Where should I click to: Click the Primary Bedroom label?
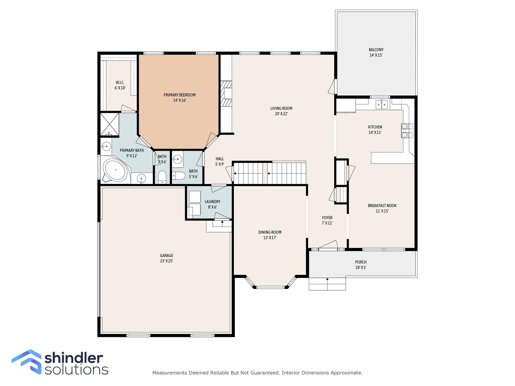tap(180, 95)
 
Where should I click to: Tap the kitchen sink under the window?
tap(381, 104)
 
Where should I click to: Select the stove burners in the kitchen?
tap(407, 131)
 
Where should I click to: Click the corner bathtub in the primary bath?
tap(116, 170)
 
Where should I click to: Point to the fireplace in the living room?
tap(226, 94)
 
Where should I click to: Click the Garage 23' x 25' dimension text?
tap(166, 261)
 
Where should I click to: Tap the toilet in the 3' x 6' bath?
tap(162, 177)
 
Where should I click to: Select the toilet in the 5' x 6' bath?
tap(179, 175)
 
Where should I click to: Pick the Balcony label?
tap(376, 50)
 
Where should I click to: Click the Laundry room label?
tap(212, 202)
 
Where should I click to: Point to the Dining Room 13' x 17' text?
tap(270, 238)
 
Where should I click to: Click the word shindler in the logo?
tap(74, 358)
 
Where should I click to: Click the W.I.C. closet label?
tap(120, 82)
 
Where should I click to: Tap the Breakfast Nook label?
tap(382, 206)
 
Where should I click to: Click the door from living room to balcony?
tap(332, 87)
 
